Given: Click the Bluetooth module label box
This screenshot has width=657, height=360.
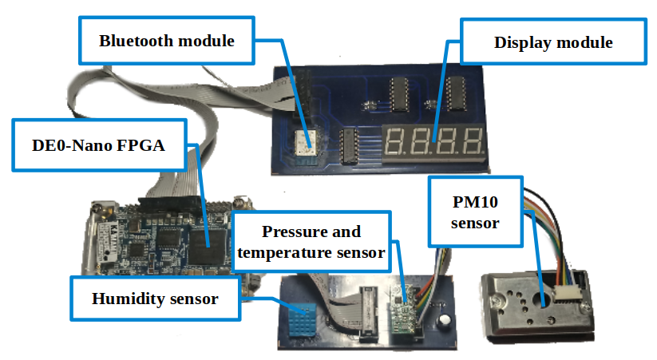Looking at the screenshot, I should pyautogui.click(x=166, y=41).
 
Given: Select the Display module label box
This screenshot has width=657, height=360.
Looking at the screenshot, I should pyautogui.click(x=553, y=42).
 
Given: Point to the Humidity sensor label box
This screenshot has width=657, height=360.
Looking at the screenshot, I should pyautogui.click(x=154, y=299).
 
